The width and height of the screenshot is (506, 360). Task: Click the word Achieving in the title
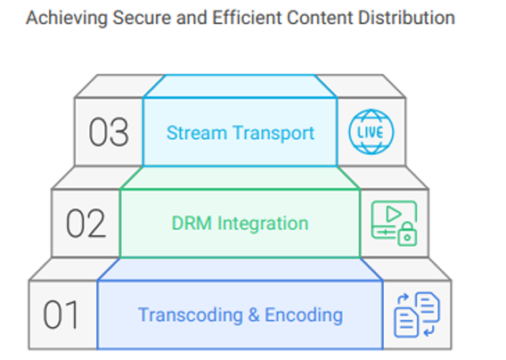point(67,19)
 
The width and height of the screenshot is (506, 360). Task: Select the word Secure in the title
point(142,18)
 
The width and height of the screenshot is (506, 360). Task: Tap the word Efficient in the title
point(247,18)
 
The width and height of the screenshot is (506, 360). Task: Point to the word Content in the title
point(320,18)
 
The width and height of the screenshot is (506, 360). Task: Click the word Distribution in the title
point(406,18)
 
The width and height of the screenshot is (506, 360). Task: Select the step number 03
point(109,132)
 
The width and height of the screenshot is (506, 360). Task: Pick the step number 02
point(86,223)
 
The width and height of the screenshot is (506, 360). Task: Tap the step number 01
point(61,315)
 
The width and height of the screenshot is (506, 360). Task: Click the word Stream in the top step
point(197,133)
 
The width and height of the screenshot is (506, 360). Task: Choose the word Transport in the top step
point(273,134)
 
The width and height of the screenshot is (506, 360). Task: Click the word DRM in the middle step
point(192,224)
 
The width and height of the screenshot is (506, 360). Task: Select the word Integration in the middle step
point(263,225)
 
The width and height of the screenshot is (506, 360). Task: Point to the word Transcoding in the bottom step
point(191,315)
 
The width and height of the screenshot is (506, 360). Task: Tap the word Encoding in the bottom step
point(304,315)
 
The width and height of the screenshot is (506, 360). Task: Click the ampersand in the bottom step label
point(254,315)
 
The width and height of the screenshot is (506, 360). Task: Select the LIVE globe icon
point(371,132)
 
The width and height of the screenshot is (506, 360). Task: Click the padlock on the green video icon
point(407,234)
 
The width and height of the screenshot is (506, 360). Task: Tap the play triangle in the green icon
point(393,214)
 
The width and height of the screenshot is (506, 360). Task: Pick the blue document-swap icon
point(417,315)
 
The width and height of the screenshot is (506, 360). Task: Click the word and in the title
point(192,18)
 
